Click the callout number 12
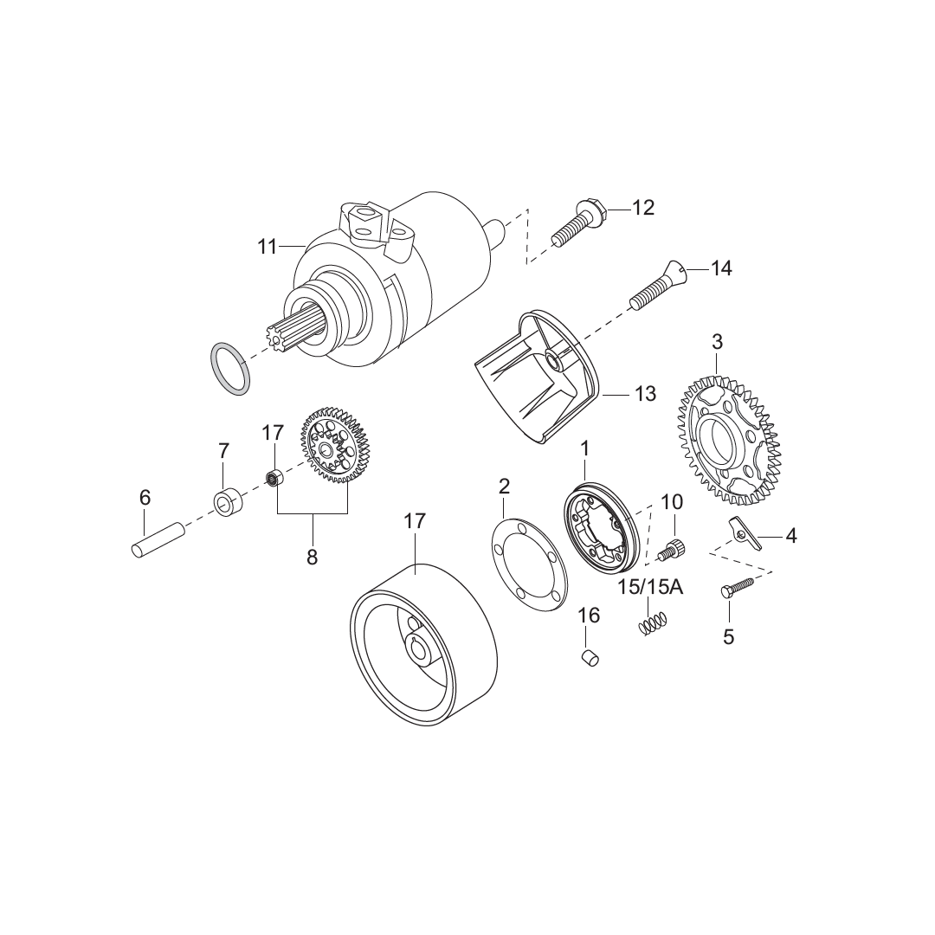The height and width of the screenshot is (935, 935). pos(643,208)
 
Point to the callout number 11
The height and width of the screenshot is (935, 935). pos(267,247)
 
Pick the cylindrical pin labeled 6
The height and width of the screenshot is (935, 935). pos(157,540)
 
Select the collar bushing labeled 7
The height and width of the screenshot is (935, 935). pos(228,503)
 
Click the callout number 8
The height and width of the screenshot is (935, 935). pos(313,558)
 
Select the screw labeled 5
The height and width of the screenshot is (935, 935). pos(737,588)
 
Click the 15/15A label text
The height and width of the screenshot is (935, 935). pos(650,588)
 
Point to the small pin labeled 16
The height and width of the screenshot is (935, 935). pos(589,657)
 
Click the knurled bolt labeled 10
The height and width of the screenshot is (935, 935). pos(673,548)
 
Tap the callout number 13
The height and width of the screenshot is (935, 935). pos(645,394)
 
